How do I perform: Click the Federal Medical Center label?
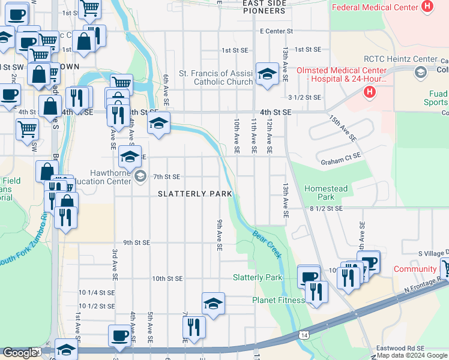375,7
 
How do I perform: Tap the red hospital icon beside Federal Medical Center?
427,7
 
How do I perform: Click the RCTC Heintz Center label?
400,59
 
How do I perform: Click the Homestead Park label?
326,193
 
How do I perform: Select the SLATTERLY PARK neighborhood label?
194,194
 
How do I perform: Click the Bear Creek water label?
267,244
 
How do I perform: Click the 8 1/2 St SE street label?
326,208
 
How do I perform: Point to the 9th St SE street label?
136,242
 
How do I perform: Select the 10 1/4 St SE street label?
97,293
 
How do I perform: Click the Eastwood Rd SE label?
400,348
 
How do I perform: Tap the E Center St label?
276,31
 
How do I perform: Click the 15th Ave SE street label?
343,128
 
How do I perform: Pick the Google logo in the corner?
19,353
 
